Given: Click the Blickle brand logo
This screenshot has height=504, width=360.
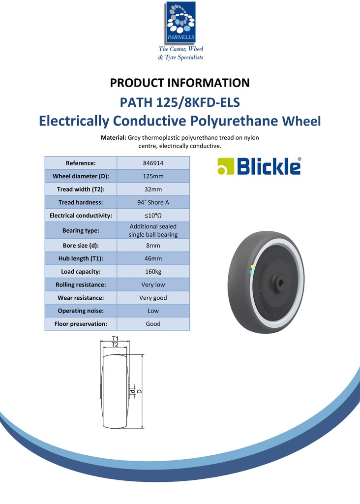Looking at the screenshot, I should pyautogui.click(x=259, y=166).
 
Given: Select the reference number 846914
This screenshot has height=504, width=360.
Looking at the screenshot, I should pyautogui.click(x=153, y=163).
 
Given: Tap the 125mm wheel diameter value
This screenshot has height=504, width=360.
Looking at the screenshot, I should pyautogui.click(x=153, y=176).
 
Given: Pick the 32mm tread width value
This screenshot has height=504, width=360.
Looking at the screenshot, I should pyautogui.click(x=153, y=189).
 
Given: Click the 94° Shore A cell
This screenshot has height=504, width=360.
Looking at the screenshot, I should pyautogui.click(x=153, y=202).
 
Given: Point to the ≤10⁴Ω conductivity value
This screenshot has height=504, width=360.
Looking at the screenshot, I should pyautogui.click(x=153, y=216).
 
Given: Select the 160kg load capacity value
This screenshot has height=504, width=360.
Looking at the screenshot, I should pyautogui.click(x=153, y=271).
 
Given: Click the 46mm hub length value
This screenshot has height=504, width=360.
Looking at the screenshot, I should pyautogui.click(x=153, y=258).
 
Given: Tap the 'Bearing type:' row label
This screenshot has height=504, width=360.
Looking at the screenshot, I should pyautogui.click(x=81, y=230).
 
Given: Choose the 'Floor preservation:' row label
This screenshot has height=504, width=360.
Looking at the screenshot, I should pyautogui.click(x=81, y=324).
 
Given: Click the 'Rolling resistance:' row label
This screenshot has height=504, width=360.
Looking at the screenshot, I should pyautogui.click(x=81, y=284).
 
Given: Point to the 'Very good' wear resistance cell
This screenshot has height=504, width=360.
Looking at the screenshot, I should pyautogui.click(x=153, y=298).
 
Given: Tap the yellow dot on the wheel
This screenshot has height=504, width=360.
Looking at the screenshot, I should pyautogui.click(x=252, y=266).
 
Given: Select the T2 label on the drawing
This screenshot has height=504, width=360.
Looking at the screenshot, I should pyautogui.click(x=115, y=345).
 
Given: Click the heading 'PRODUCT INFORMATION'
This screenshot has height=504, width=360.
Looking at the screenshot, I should pyautogui.click(x=180, y=83).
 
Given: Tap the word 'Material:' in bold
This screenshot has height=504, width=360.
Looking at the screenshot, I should pyautogui.click(x=114, y=138).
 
